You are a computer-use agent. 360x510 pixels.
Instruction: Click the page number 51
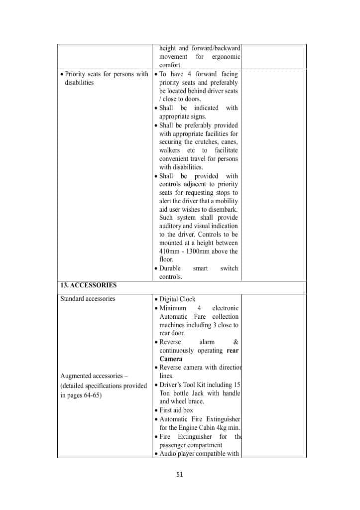click(x=180, y=474)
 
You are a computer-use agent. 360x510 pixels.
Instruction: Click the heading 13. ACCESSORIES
click(x=88, y=285)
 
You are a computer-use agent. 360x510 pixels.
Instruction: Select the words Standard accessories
click(x=88, y=299)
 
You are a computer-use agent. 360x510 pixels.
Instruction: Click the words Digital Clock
click(x=177, y=299)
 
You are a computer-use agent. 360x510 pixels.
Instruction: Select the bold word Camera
click(x=171, y=359)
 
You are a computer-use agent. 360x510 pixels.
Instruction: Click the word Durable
click(x=170, y=268)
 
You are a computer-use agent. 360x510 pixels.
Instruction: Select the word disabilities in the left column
click(x=79, y=83)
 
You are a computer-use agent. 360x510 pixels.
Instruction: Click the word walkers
click(x=170, y=150)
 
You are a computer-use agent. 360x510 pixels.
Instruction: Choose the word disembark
click(x=223, y=209)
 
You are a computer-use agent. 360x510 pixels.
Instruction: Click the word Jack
click(x=204, y=393)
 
